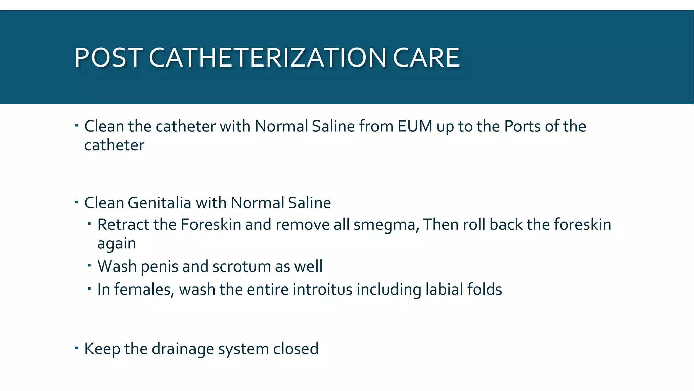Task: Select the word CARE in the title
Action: [426, 57]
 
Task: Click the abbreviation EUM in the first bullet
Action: [415, 126]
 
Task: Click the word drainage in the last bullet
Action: [183, 349]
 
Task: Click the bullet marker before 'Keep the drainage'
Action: [77, 348]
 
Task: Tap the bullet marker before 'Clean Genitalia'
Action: [77, 202]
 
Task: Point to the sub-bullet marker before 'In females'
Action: [89, 288]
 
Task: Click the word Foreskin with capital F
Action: [210, 225]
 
